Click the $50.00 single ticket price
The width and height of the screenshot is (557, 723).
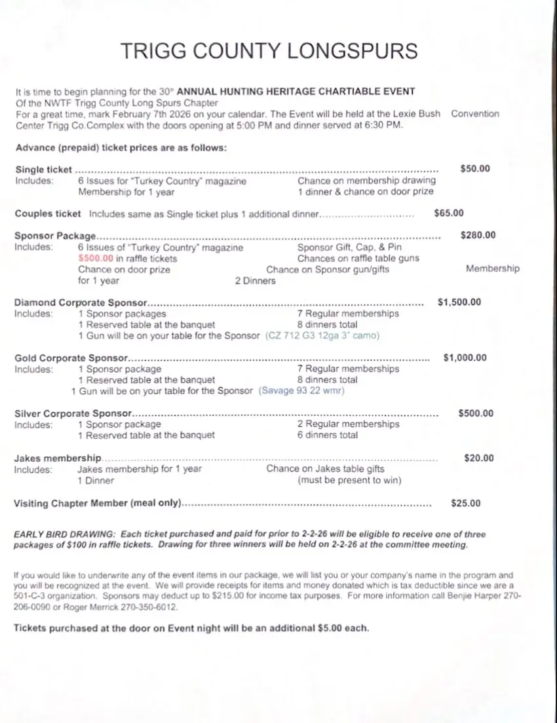[475, 169]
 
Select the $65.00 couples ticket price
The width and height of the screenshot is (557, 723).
[449, 213]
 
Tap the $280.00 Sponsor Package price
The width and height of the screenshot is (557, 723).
[478, 235]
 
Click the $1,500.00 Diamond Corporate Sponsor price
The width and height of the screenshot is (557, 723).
[459, 302]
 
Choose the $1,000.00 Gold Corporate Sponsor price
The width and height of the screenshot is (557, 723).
[465, 358]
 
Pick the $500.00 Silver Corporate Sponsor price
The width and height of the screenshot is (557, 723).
[476, 413]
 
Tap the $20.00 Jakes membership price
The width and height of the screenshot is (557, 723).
[478, 458]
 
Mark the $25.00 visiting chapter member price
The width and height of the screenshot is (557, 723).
[465, 503]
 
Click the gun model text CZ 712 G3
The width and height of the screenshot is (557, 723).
[296, 335]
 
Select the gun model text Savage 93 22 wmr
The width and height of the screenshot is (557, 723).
[301, 391]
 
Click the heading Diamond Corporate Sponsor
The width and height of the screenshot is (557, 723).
[80, 303]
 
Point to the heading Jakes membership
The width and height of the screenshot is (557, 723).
[58, 458]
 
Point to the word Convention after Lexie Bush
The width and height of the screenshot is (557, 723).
[474, 114]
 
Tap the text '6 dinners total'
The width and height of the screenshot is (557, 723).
[328, 435]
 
